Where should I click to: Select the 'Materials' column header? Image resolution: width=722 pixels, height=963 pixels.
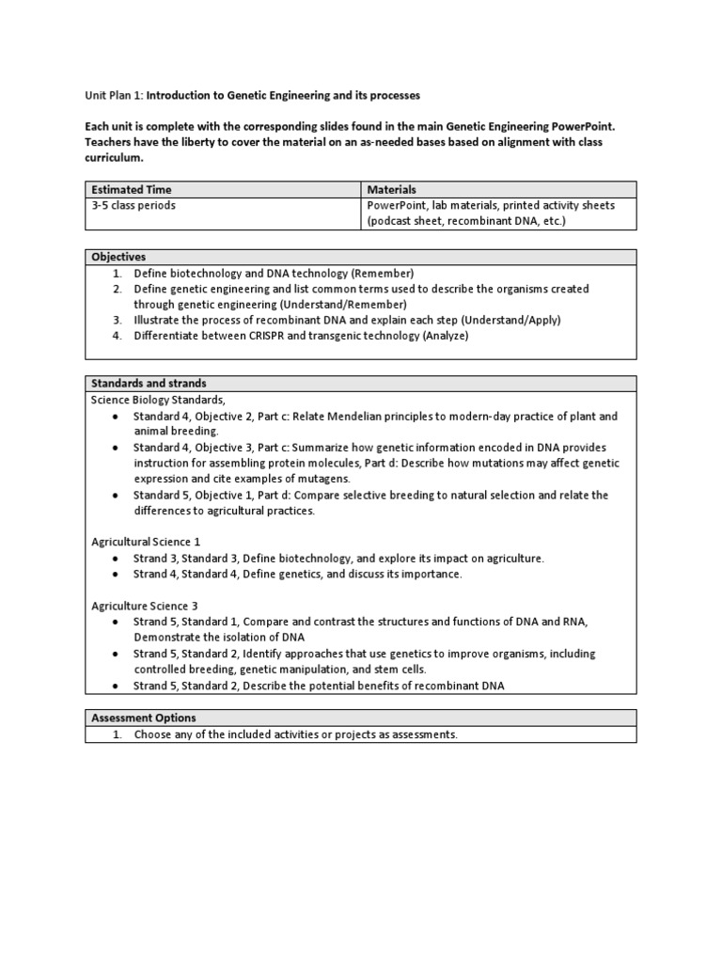[x=392, y=189]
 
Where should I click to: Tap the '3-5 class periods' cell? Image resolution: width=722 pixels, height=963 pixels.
[x=133, y=205]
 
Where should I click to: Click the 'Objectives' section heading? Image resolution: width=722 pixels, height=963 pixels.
[x=118, y=257]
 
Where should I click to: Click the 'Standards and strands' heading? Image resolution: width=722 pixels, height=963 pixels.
[x=149, y=384]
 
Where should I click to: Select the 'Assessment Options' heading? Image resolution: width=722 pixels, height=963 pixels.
[x=144, y=718]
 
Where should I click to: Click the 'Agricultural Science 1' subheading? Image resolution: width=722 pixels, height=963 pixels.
[x=146, y=542]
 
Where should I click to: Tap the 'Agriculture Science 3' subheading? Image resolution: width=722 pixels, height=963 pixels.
[x=145, y=606]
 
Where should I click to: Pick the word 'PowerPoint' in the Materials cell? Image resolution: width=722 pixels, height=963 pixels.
[x=397, y=205]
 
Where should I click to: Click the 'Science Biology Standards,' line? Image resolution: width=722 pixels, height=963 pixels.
[x=159, y=400]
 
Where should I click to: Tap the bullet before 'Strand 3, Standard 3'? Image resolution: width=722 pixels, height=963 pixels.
[x=115, y=559]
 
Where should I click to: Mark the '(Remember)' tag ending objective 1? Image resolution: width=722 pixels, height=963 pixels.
[x=383, y=272]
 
